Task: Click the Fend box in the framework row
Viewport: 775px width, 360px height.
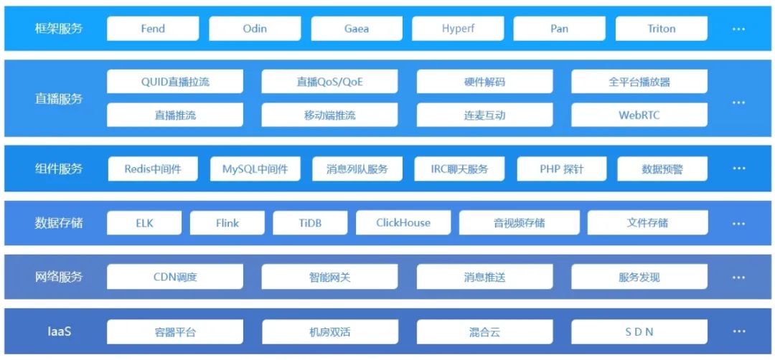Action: tap(153, 29)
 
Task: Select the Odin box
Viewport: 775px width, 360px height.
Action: tap(255, 29)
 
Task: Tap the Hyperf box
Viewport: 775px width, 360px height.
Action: tap(458, 29)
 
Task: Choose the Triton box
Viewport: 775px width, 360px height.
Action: tap(661, 29)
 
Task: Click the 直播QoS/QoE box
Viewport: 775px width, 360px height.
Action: tap(329, 82)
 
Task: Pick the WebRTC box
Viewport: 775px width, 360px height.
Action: tap(639, 115)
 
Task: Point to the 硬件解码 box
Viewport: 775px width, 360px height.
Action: tap(484, 82)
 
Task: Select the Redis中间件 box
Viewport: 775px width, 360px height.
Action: tap(153, 169)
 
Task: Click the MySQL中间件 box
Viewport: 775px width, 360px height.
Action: tap(255, 169)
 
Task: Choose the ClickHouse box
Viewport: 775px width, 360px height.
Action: tap(403, 223)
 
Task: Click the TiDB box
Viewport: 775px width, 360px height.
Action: tap(310, 223)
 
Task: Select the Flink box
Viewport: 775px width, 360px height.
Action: tap(227, 223)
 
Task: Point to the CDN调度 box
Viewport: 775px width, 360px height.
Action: tap(175, 277)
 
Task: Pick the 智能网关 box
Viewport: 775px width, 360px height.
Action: tap(329, 277)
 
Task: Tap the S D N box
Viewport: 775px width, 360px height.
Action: tap(639, 332)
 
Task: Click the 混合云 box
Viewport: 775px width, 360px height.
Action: tap(484, 332)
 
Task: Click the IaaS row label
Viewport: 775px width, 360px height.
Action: tap(59, 332)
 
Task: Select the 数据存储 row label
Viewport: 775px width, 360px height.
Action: tap(59, 223)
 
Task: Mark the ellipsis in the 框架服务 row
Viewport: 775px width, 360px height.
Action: tap(738, 29)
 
